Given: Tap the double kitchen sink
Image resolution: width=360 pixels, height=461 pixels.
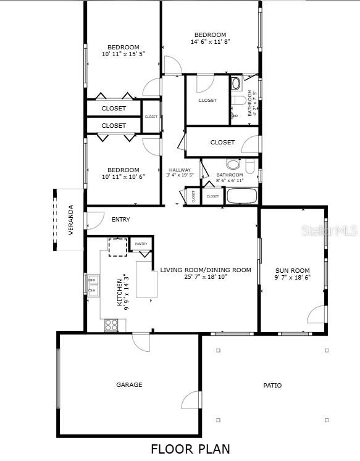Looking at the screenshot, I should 93,285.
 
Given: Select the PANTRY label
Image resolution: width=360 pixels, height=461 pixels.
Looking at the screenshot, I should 141,244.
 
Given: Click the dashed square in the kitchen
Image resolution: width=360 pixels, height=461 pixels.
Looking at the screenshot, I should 117,246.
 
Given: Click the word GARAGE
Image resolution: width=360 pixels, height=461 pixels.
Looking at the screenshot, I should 129,384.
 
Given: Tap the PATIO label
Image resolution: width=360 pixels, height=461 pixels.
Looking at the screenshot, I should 272,385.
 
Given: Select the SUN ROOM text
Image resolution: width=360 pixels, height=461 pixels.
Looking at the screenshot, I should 292,270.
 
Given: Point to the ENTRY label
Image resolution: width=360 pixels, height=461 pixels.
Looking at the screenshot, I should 121,219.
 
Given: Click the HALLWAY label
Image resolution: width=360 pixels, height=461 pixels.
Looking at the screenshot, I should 180,170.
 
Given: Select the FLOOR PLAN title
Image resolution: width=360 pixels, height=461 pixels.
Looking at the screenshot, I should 190,449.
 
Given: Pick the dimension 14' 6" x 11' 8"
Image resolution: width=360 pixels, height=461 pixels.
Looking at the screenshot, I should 210,42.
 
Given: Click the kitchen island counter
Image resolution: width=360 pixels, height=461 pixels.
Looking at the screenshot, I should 146,279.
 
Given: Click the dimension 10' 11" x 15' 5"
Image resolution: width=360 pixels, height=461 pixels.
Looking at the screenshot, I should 123,54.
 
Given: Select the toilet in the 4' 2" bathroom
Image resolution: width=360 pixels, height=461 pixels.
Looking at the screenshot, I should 237,100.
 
